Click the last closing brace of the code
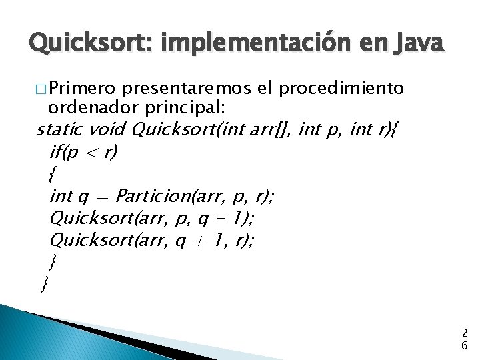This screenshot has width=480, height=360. (x=44, y=285)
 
